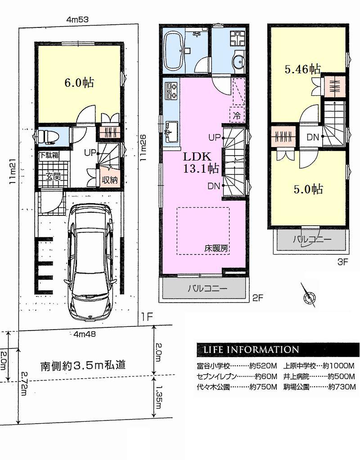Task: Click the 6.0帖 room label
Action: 79,83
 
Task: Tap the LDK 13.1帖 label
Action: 201,163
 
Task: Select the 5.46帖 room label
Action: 302,69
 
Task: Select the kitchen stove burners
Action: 171,90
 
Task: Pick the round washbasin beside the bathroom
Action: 238,63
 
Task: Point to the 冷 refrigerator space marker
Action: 237,115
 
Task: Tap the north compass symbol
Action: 309,296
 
